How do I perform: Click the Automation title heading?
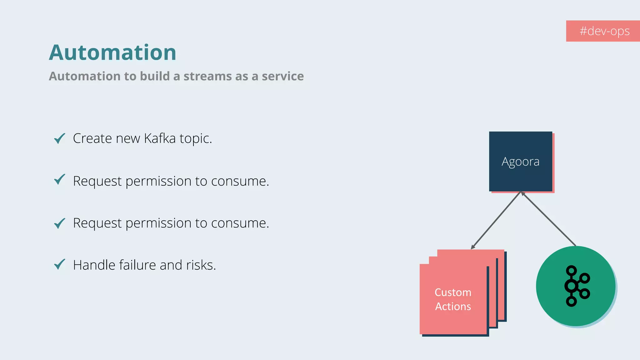coord(112,52)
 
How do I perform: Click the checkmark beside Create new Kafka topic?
coord(59,138)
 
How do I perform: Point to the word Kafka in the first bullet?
coord(160,138)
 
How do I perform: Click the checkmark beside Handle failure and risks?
coord(59,264)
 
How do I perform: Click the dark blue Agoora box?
coord(520,161)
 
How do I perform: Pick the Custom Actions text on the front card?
coord(453,299)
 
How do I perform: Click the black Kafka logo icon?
coord(577,286)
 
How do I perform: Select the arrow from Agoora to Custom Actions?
coord(496,220)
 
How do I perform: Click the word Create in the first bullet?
coord(92,138)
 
